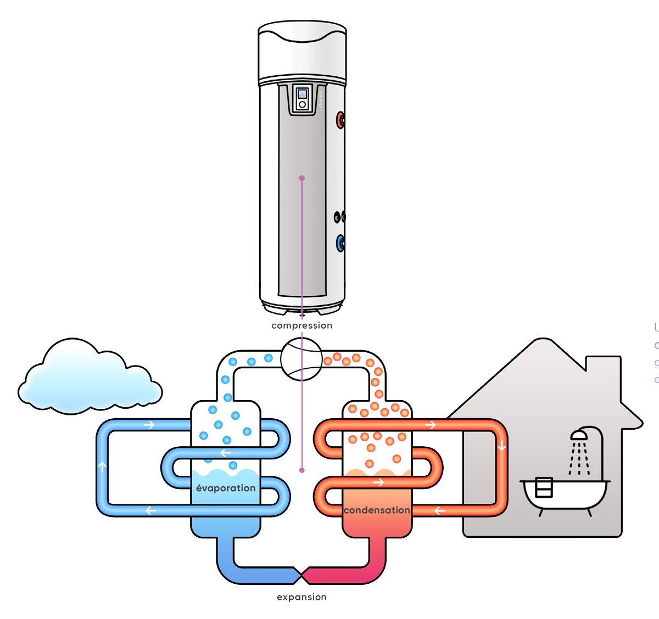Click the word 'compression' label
(301, 325)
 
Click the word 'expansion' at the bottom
(301, 597)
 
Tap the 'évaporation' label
(226, 488)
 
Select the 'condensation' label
(377, 510)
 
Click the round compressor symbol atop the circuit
(301, 359)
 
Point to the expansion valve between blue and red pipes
(301, 575)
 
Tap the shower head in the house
(579, 435)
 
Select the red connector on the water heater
(340, 119)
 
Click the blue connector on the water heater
(340, 243)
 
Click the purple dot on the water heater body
(301, 178)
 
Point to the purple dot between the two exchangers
(301, 470)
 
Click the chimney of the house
(603, 373)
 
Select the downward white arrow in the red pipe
(501, 446)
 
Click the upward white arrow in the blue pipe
(102, 467)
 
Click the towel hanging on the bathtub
(543, 487)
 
